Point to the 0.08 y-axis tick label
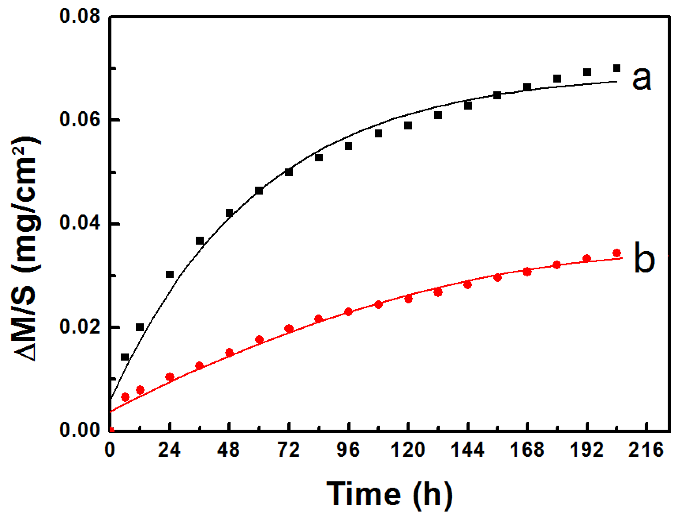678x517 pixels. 79,16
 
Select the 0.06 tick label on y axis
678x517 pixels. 79,120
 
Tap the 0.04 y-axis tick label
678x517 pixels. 79,224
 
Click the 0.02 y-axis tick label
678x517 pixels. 79,327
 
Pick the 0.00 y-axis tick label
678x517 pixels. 79,430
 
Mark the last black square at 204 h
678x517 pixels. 617,68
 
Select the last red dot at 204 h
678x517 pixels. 617,253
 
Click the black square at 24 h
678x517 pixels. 170,275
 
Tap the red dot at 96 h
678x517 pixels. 348,312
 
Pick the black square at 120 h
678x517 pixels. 408,125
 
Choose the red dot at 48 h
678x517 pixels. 229,352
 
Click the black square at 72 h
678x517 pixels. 289,172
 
